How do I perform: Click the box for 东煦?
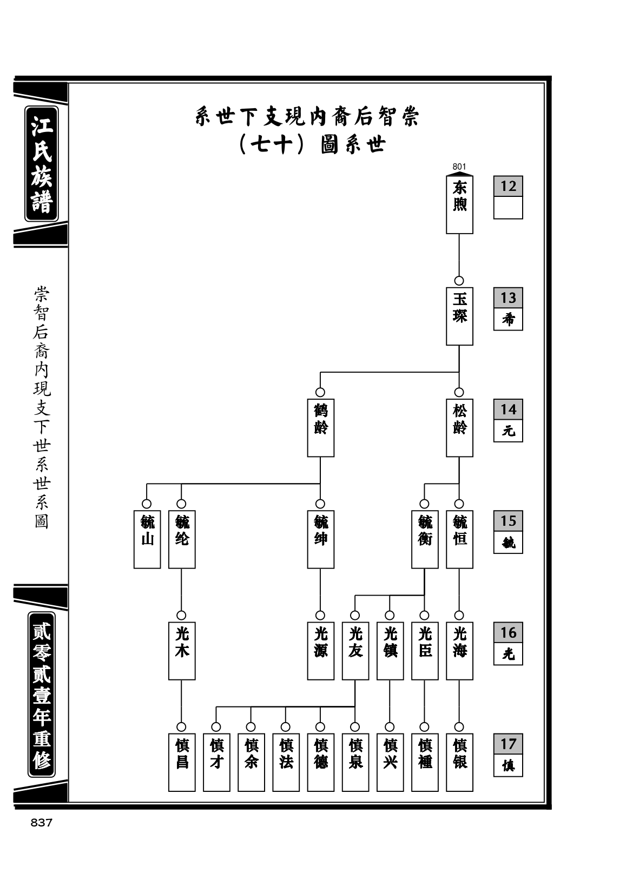[459, 204]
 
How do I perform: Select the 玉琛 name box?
[459, 316]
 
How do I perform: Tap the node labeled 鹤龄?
[320, 427]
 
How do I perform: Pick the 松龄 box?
[459, 427]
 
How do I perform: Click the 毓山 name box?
[147, 539]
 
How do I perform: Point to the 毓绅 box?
[320, 539]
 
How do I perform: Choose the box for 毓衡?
[425, 539]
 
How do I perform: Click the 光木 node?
[182, 651]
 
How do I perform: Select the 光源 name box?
[320, 651]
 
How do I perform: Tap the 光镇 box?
[390, 651]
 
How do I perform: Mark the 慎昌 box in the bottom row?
[182, 762]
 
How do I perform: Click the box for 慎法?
[286, 762]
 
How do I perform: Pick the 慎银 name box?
[459, 762]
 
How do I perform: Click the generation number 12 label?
[508, 186]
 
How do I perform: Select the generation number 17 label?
[508, 744]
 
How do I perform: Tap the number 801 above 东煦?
[459, 167]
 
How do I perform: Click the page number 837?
[41, 823]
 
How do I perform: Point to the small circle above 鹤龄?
[320, 392]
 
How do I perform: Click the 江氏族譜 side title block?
[42, 163]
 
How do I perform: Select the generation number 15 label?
[508, 521]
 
